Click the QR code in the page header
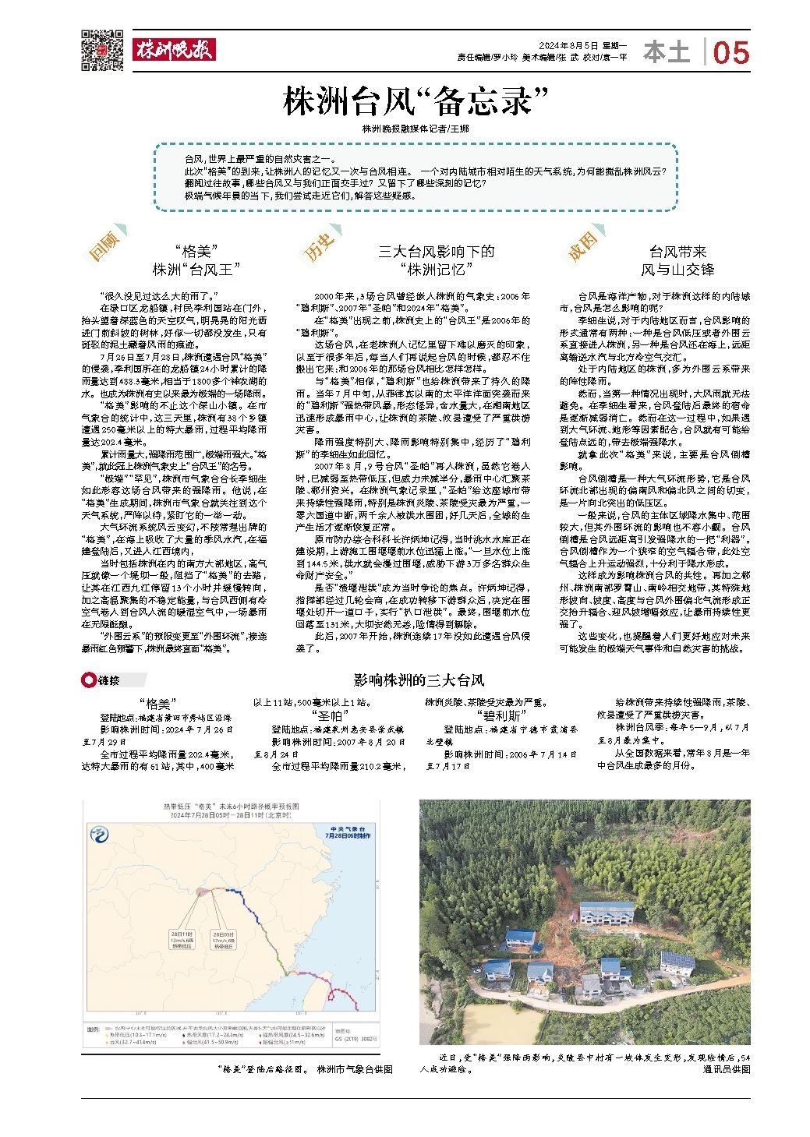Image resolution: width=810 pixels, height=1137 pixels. coord(102,50)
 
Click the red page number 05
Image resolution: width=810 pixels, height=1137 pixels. coord(730,53)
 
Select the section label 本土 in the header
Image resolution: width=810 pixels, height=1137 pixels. coord(667,52)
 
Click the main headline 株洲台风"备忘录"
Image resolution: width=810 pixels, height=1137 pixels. coord(405,102)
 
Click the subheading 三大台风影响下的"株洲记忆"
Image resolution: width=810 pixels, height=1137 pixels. coord(436,260)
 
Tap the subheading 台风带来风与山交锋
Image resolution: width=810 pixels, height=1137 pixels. coord(677,260)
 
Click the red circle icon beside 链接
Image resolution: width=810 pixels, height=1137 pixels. coord(87,680)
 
